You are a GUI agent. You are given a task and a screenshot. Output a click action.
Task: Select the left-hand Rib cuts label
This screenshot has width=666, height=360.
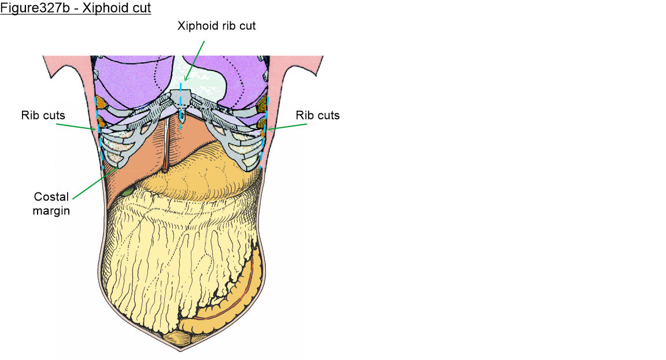42,116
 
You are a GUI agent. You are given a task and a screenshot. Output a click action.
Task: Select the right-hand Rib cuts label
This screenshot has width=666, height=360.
317,116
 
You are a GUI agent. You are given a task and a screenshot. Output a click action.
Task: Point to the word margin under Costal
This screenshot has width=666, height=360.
51,210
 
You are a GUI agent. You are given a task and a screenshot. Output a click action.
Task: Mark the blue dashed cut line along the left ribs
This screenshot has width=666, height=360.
100,136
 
